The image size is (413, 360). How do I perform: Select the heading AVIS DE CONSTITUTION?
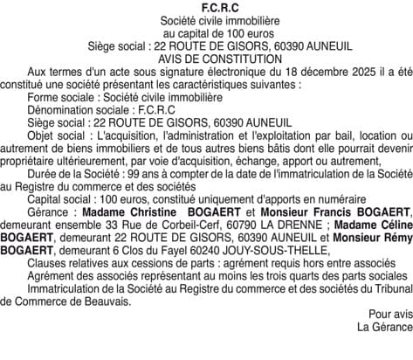207,59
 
